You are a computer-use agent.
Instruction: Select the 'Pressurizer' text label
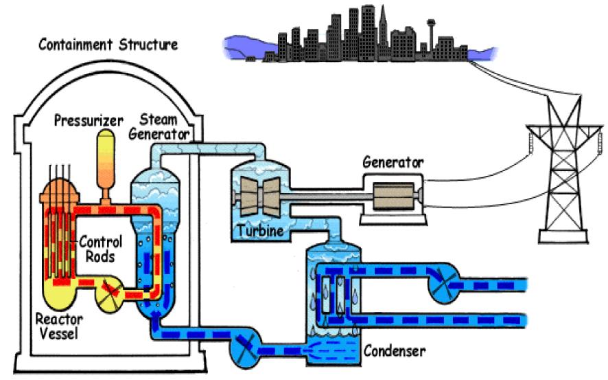click(84, 122)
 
